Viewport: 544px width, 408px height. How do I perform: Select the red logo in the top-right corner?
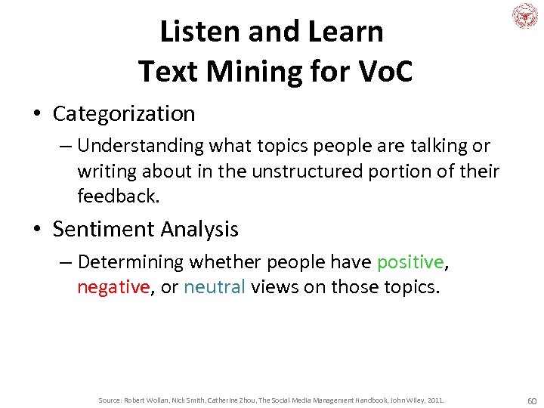pyautogui.click(x=524, y=15)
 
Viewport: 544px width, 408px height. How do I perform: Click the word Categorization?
pyautogui.click(x=124, y=114)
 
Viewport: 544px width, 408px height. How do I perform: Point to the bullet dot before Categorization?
pyautogui.click(x=37, y=115)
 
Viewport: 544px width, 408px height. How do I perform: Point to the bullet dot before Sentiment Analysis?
pyautogui.click(x=37, y=230)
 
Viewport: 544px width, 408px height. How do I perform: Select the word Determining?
pyautogui.click(x=131, y=262)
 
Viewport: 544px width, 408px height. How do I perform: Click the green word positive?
pyautogui.click(x=410, y=262)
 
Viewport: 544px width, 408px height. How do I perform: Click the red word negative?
pyautogui.click(x=113, y=288)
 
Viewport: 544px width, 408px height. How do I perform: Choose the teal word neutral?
pyautogui.click(x=215, y=288)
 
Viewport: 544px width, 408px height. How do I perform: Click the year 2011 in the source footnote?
pyautogui.click(x=435, y=400)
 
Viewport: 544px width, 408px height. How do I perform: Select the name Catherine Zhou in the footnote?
pyautogui.click(x=230, y=400)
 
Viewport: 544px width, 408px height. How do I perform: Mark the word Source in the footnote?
pyautogui.click(x=110, y=400)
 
